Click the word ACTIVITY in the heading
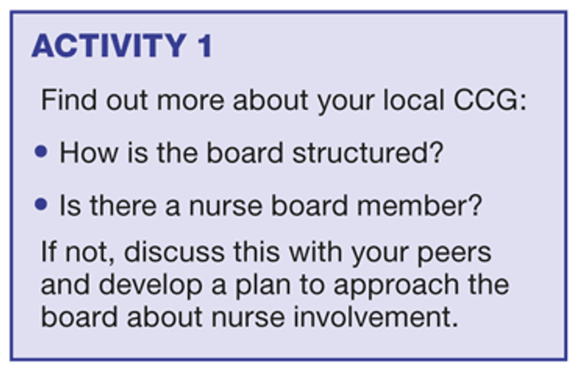tap(109, 46)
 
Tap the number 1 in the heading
tap(205, 46)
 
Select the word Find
tap(69, 100)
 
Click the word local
tap(413, 100)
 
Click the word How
tap(89, 152)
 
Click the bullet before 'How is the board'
tap(41, 151)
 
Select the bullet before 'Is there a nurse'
tap(41, 204)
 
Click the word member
tap(411, 206)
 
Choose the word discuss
tap(174, 252)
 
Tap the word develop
tap(151, 286)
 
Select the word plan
tap(262, 286)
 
